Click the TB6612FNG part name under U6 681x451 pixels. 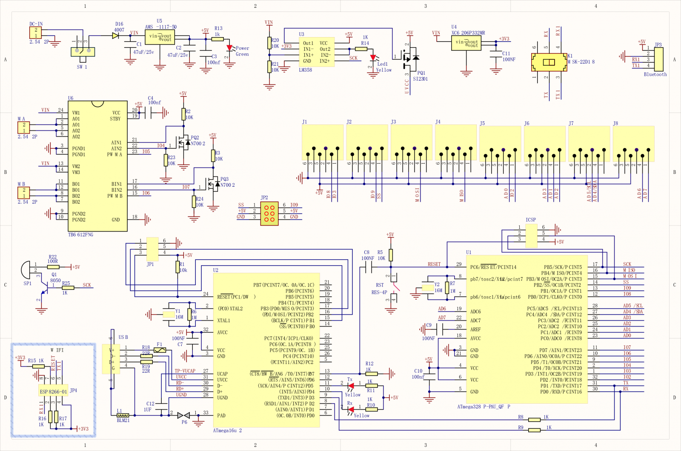pos(80,235)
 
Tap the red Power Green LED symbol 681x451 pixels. pos(230,48)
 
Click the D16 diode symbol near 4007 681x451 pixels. pos(115,36)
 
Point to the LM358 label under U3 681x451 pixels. pos(305,70)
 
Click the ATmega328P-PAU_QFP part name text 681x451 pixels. pos(484,407)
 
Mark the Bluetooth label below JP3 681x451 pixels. pos(655,75)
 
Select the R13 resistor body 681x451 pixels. pos(217,39)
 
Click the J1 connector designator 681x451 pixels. pos(304,122)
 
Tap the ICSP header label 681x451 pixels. pos(530,220)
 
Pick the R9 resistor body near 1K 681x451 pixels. pos(534,430)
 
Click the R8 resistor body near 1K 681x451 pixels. pos(534,420)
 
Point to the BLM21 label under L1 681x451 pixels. pos(123,420)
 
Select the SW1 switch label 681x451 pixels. pos(82,67)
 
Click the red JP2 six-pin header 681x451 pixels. pos(269,214)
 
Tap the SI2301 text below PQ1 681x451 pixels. pos(420,79)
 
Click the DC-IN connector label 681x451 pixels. pos(36,24)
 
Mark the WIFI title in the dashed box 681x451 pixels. pos(57,350)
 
